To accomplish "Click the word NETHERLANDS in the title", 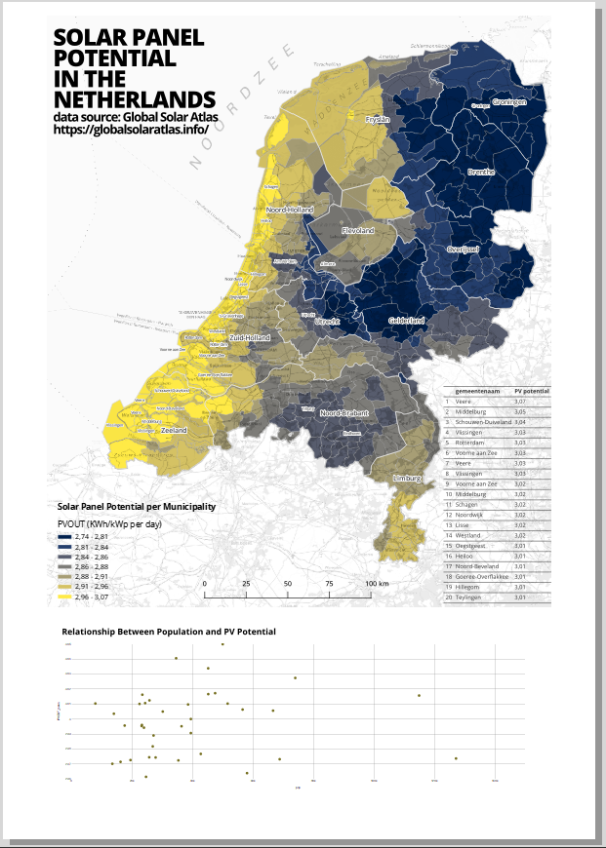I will click(135, 100).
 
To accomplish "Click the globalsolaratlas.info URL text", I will click(132, 129).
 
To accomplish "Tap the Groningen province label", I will click(509, 102).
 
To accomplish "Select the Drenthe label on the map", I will click(482, 172).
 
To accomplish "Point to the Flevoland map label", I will click(358, 231).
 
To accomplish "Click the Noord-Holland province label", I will click(290, 210).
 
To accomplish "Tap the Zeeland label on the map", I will click(174, 430).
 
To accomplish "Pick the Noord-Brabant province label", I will click(345, 413).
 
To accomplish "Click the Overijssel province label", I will click(464, 250).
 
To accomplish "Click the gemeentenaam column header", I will click(477, 390).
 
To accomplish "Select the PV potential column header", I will click(532, 390).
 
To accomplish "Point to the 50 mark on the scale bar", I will click(288, 583).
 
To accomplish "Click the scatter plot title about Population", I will click(169, 632).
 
